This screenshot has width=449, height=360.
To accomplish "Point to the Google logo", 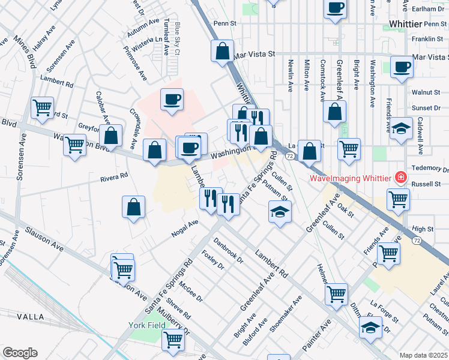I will point(20,353).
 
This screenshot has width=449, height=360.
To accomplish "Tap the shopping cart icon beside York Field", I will point(173,340).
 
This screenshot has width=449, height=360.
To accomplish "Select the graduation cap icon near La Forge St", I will point(370,328).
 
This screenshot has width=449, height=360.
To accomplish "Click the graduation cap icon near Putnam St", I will point(280,212).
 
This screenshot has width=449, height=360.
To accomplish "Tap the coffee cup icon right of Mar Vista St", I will point(402,67).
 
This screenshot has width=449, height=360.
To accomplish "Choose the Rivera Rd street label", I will point(114,176).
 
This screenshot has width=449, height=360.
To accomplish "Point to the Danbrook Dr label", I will point(229,253).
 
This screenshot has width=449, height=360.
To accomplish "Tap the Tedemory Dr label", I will point(427,167).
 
